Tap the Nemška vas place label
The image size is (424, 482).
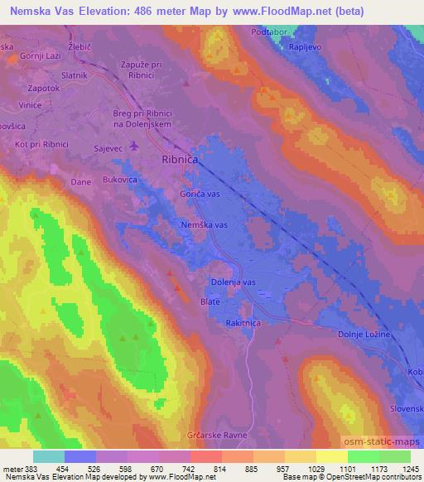pyautogui.click(x=205, y=224)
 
